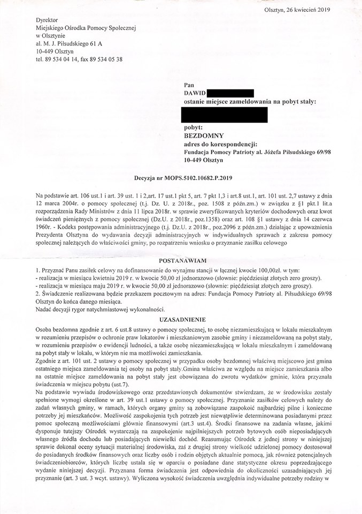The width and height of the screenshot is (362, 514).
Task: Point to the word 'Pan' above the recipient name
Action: pos(189,85)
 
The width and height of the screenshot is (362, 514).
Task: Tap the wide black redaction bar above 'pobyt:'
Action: pos(224,114)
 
